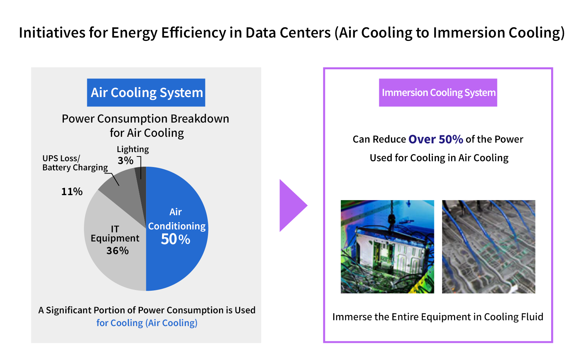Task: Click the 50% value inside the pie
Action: [175, 240]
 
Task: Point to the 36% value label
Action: [117, 251]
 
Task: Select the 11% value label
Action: [72, 191]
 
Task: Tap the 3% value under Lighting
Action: [125, 160]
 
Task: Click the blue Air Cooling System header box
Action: [146, 93]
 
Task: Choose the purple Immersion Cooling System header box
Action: [438, 93]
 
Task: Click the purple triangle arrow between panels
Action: [291, 205]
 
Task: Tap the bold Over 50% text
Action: [435, 139]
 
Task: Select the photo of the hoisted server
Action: [387, 247]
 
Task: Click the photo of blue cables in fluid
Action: [488, 247]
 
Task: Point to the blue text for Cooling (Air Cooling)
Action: [147, 323]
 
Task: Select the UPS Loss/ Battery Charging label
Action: [75, 163]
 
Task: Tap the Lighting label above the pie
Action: [132, 149]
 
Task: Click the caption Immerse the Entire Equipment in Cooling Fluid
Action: [438, 317]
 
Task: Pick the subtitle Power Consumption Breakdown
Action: [145, 119]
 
